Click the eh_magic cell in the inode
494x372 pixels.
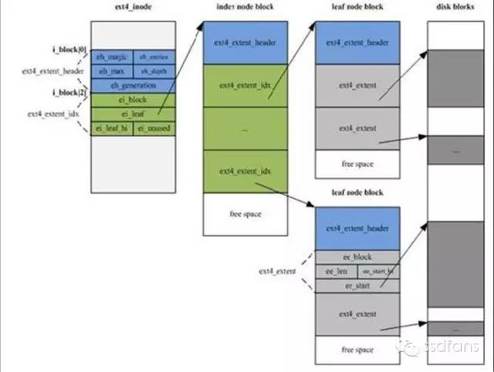[112, 56]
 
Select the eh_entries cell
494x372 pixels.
[154, 56]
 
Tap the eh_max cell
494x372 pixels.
[112, 70]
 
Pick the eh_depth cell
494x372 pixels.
[154, 70]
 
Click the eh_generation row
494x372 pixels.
[134, 85]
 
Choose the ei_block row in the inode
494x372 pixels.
[134, 100]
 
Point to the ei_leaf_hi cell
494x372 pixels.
[112, 128]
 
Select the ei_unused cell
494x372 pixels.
[154, 128]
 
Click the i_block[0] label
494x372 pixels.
[69, 49]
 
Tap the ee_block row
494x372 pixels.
[357, 257]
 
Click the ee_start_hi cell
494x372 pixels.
[377, 271]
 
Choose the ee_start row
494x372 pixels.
[357, 286]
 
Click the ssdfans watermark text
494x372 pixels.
[452, 347]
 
